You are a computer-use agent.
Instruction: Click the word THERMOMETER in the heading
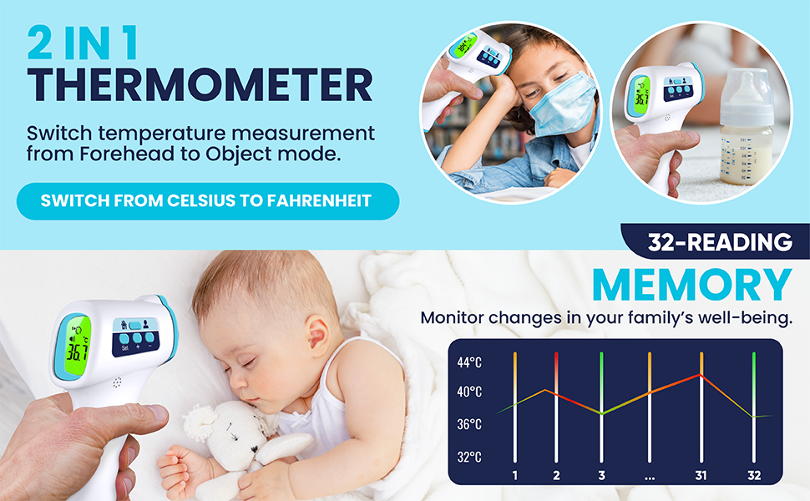pyautogui.click(x=200, y=84)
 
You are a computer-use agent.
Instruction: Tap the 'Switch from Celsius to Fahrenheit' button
pyautogui.click(x=208, y=201)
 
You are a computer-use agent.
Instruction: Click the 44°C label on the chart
pyautogui.click(x=469, y=362)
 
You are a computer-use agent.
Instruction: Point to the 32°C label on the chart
pyautogui.click(x=469, y=457)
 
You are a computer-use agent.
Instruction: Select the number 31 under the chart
pyautogui.click(x=701, y=475)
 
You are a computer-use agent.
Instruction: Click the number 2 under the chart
pyautogui.click(x=556, y=475)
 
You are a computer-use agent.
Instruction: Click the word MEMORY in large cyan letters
pyautogui.click(x=692, y=285)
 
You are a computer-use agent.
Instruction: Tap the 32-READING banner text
pyautogui.click(x=720, y=241)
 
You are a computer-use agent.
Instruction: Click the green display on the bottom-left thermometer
pyautogui.click(x=78, y=345)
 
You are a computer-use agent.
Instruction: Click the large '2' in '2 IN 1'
pyautogui.click(x=40, y=43)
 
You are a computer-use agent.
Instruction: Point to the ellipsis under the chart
pyautogui.click(x=650, y=478)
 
